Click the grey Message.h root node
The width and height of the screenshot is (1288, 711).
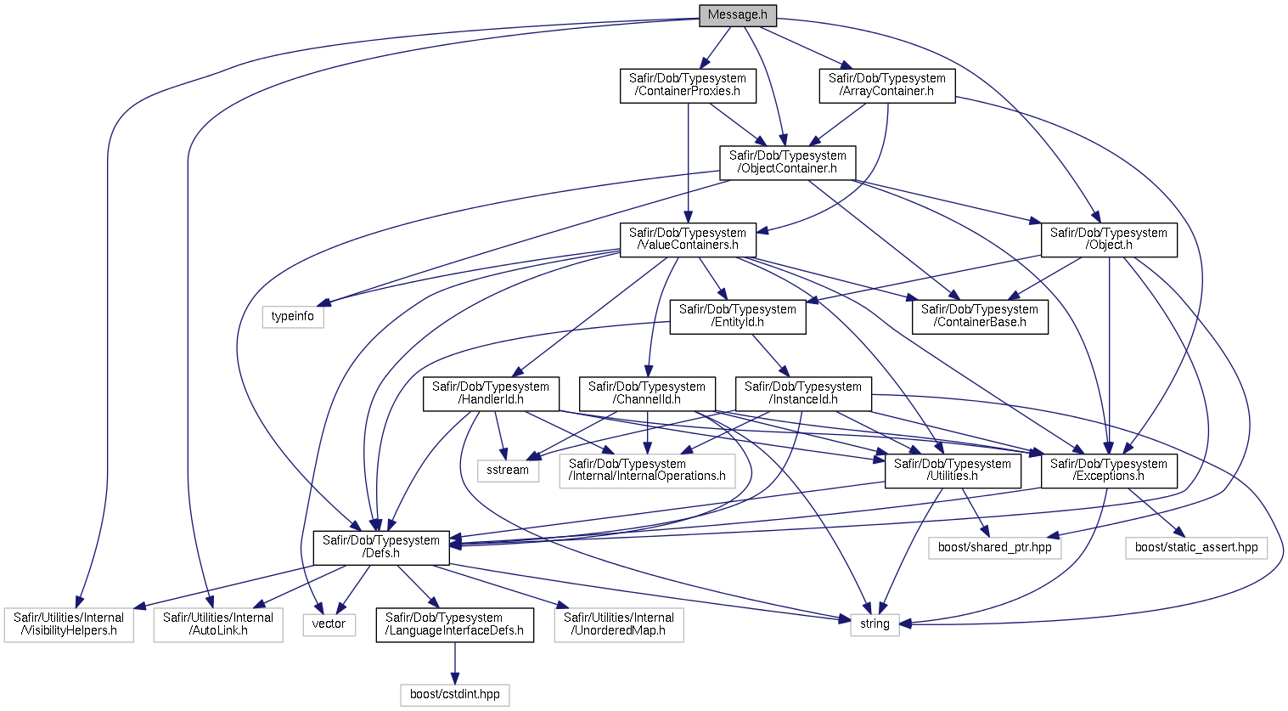click(738, 15)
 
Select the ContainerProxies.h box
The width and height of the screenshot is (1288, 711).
click(688, 86)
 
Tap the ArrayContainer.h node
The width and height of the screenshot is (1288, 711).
click(887, 86)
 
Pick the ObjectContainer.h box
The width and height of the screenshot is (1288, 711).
click(788, 163)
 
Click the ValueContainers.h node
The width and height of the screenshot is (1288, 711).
click(688, 240)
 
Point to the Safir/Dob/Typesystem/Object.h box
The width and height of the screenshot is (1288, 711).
click(1109, 240)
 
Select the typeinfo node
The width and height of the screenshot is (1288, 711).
click(293, 317)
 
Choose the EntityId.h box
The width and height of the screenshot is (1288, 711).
click(738, 317)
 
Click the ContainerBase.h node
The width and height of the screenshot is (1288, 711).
click(980, 317)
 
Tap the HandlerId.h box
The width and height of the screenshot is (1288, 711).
click(491, 394)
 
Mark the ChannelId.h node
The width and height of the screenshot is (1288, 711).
click(648, 394)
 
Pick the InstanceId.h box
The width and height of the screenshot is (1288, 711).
click(803, 394)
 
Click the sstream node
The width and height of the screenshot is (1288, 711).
click(508, 471)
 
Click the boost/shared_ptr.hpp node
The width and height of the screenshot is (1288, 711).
click(995, 548)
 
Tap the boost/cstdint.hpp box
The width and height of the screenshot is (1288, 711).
click(455, 695)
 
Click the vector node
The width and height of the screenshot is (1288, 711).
click(329, 624)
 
